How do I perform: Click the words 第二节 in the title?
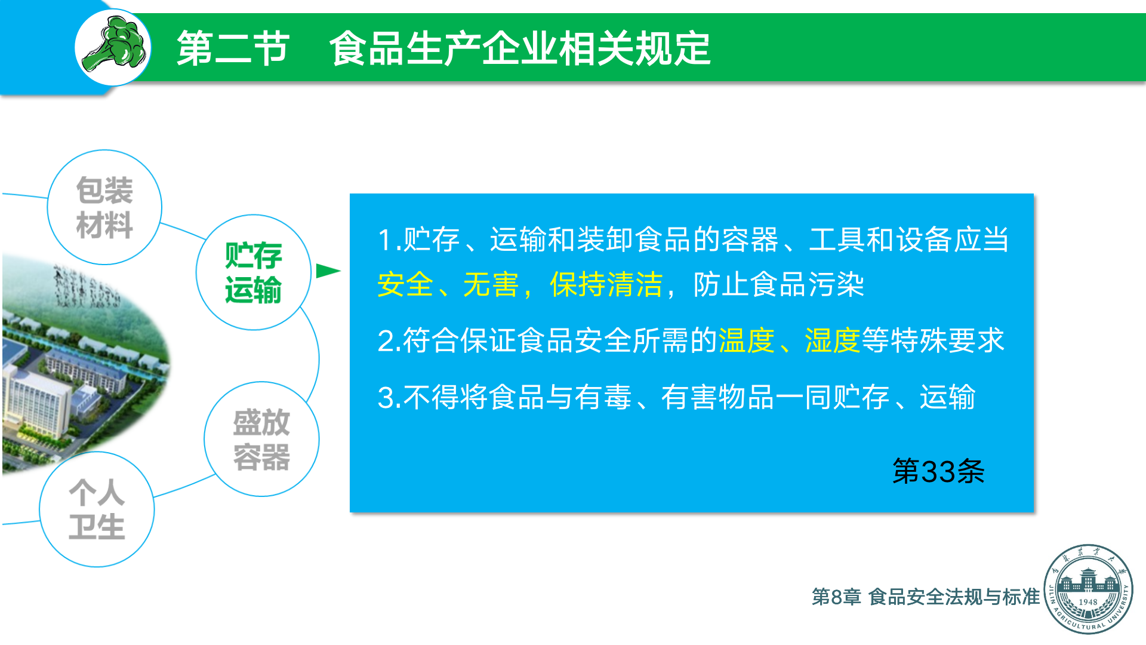tap(233, 48)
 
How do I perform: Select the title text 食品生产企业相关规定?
tap(520, 48)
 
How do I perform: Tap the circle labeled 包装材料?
tap(104, 207)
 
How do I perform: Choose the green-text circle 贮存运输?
tap(254, 272)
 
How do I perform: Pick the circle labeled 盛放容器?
tap(261, 439)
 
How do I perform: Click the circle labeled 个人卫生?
tap(97, 509)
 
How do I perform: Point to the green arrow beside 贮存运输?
tap(328, 271)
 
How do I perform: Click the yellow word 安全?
tap(405, 284)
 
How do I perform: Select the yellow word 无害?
tap(491, 284)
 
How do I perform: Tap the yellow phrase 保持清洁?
tap(606, 284)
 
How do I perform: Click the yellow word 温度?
tap(746, 340)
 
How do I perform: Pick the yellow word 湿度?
tap(832, 340)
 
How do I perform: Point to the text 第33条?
tap(938, 471)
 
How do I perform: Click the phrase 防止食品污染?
tap(778, 284)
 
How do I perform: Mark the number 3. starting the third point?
tap(389, 398)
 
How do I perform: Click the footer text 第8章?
tap(836, 597)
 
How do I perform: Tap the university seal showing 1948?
tap(1088, 589)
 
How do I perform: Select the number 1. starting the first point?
tap(389, 240)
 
